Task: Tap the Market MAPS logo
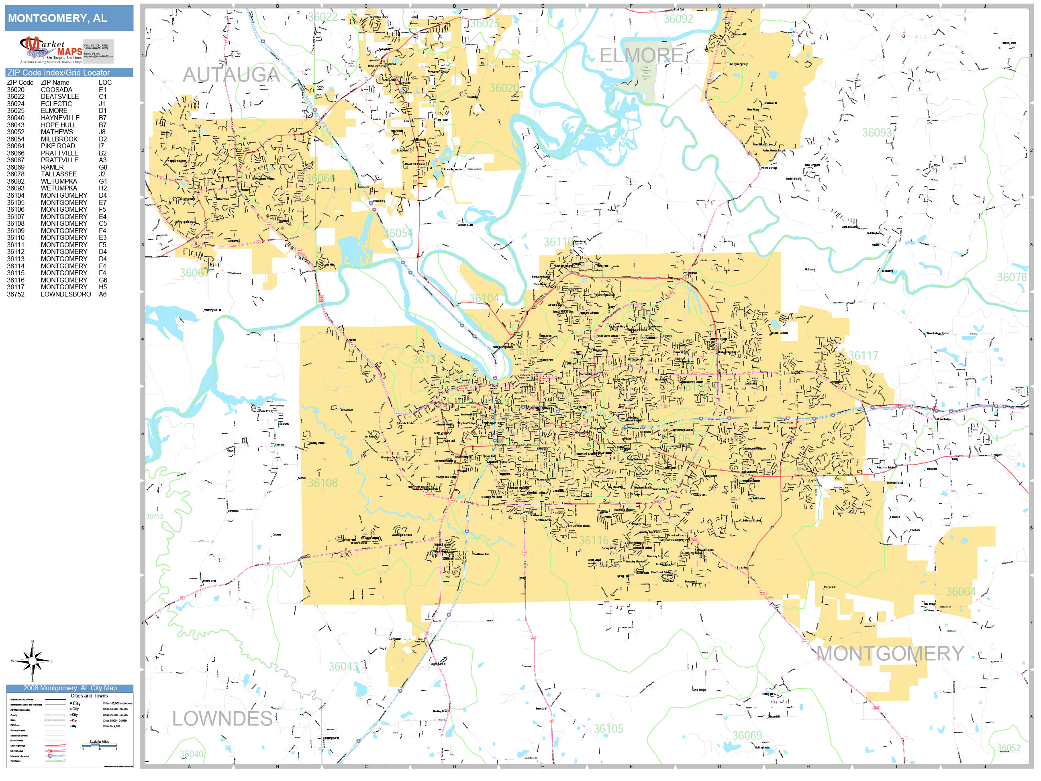tap(51, 50)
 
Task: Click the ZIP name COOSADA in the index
tap(57, 90)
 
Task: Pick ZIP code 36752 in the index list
tap(16, 294)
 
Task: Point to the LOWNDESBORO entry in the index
tap(66, 294)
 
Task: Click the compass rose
tap(32, 661)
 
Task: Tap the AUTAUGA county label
tap(231, 74)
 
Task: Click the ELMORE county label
tap(641, 55)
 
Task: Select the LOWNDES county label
tap(222, 719)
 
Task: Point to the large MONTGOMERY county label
tap(890, 653)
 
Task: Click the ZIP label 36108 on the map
tap(323, 483)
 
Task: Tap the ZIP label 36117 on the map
tap(863, 356)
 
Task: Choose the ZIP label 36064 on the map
tap(961, 592)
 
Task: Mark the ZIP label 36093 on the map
tap(876, 133)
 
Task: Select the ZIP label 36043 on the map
tap(343, 667)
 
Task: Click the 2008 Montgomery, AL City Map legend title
tap(69, 688)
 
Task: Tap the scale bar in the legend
tap(99, 746)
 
